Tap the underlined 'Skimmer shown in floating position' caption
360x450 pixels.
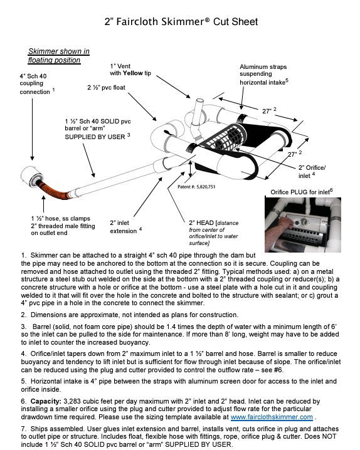click(x=59, y=56)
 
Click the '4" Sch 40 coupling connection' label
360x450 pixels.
click(x=37, y=84)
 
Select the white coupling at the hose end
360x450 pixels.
click(x=31, y=177)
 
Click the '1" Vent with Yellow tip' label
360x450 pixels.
click(x=130, y=70)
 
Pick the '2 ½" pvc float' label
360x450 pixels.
click(x=106, y=88)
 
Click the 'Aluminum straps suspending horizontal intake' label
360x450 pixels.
click(x=264, y=75)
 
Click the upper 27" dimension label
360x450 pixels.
click(x=269, y=110)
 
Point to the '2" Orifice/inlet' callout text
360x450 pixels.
click(x=312, y=171)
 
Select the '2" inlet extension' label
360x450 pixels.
click(x=125, y=227)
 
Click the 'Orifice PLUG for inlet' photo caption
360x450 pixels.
click(x=302, y=192)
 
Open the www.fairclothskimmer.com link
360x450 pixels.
click(x=272, y=417)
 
